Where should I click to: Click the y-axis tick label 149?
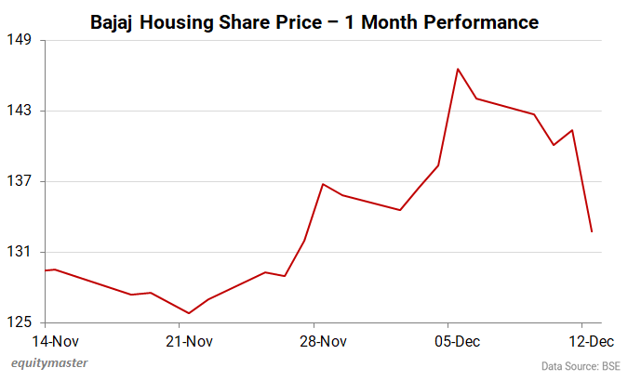click(x=20, y=40)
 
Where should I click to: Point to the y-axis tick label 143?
click(x=20, y=111)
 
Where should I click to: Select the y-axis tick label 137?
click(x=20, y=181)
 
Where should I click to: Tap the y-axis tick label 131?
click(x=20, y=252)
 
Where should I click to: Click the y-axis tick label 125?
click(x=20, y=322)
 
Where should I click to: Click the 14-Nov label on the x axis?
click(x=46, y=341)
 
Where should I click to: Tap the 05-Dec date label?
click(x=457, y=341)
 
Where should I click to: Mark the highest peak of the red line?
click(x=458, y=69)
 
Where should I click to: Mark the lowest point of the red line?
click(x=189, y=313)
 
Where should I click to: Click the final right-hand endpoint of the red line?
click(x=592, y=231)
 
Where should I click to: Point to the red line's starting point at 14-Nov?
click(x=46, y=270)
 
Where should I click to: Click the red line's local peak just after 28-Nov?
click(x=323, y=184)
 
